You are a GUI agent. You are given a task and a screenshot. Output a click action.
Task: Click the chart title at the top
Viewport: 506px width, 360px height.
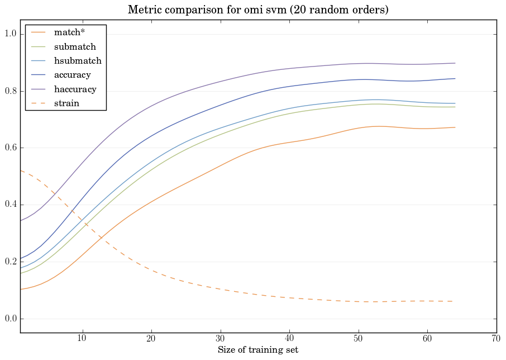[258, 10]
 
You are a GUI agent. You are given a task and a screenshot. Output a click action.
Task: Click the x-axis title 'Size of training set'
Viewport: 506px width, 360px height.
[258, 350]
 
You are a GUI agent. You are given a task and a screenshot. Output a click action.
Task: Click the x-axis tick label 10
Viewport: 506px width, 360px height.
[82, 339]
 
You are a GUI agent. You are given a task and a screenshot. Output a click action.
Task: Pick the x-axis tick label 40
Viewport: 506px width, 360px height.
[289, 339]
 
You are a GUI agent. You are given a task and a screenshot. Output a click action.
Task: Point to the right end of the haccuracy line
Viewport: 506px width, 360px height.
[455, 63]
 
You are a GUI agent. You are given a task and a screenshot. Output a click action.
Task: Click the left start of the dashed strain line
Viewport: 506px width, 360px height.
[21, 170]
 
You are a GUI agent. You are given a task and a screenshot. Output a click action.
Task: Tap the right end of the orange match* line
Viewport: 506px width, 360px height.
[455, 127]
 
